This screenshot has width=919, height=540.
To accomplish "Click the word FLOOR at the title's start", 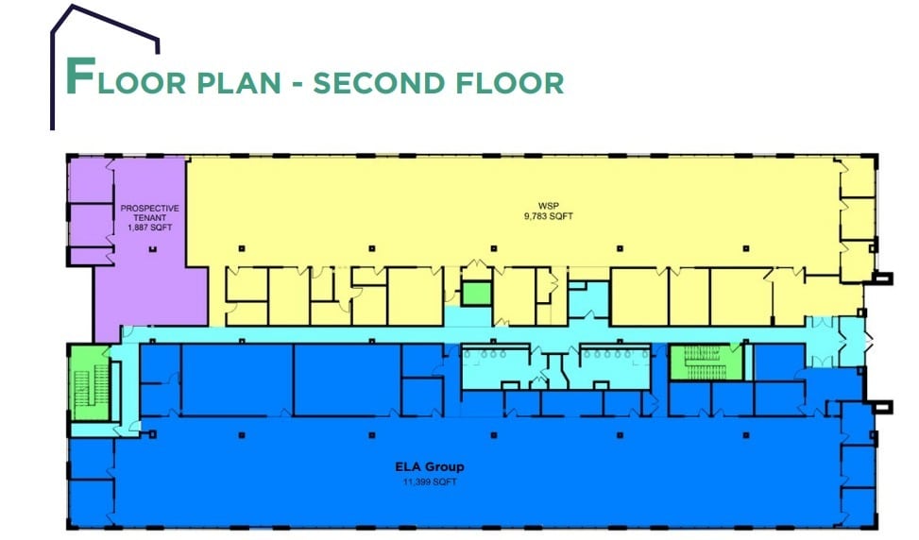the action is (126, 77).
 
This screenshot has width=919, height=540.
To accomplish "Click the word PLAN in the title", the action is (239, 82).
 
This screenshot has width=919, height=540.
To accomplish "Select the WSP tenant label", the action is (549, 206).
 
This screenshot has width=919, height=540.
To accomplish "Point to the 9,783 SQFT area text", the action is (549, 216).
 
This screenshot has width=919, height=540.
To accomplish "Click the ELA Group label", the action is (430, 466).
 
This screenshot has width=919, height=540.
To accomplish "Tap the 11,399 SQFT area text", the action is (430, 482).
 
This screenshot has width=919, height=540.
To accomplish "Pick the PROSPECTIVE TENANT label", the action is (150, 212).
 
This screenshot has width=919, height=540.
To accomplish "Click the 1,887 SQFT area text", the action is (150, 228).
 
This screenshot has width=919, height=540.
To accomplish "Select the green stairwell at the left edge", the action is (91, 383).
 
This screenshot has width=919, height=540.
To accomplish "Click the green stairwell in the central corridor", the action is (706, 362).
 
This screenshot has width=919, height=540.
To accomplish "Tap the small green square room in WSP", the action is (475, 293).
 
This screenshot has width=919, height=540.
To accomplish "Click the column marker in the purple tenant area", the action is (153, 249).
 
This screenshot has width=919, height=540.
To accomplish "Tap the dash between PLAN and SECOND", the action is (298, 84).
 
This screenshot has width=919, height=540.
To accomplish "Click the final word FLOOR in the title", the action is (509, 82).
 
